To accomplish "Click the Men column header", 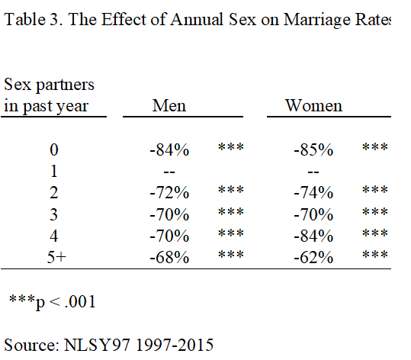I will click(169, 105).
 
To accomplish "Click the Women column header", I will click(313, 105).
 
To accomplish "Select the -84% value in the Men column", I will click(169, 149).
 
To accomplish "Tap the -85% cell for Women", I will click(313, 149).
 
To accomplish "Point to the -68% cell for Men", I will click(169, 257).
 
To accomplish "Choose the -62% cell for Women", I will click(313, 257).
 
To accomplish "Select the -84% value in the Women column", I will click(313, 236).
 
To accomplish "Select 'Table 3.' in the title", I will click(30, 20).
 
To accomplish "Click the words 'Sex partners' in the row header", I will click(49, 84).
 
